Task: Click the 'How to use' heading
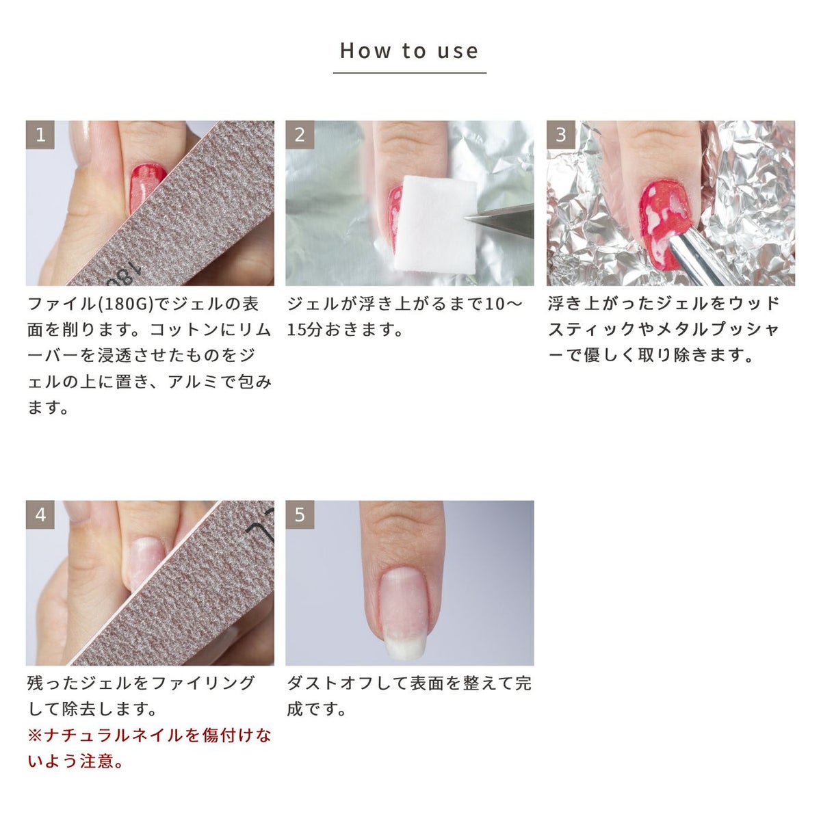pyautogui.click(x=409, y=51)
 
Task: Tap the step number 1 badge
pyautogui.click(x=40, y=135)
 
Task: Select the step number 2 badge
pyautogui.click(x=300, y=135)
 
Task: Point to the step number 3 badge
pyautogui.click(x=561, y=135)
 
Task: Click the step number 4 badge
pyautogui.click(x=40, y=514)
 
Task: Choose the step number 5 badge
pyautogui.click(x=300, y=514)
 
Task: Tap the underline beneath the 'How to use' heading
pyautogui.click(x=409, y=73)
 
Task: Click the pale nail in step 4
pyautogui.click(x=145, y=562)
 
